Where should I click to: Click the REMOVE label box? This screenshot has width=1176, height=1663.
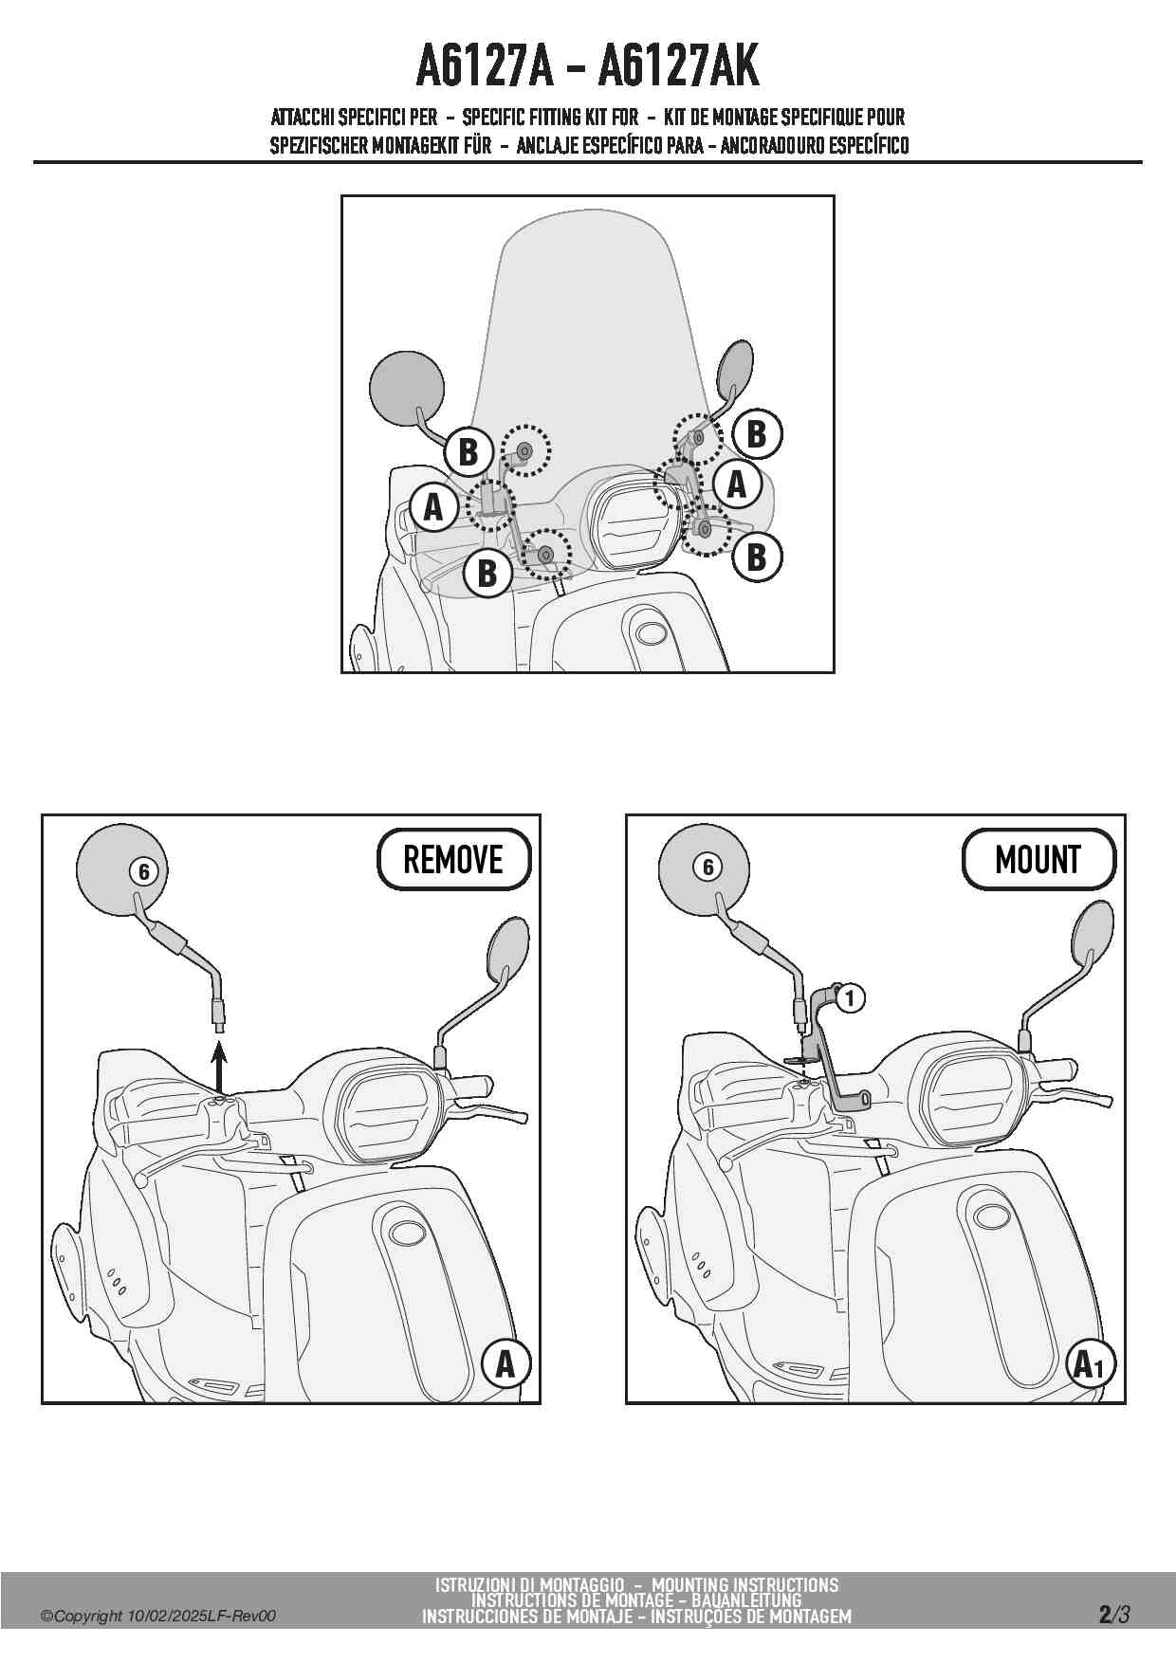(x=453, y=859)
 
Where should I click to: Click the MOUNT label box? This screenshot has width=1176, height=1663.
(x=1038, y=859)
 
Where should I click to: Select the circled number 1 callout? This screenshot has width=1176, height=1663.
(x=850, y=997)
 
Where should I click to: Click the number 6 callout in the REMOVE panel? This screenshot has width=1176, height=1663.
(x=143, y=870)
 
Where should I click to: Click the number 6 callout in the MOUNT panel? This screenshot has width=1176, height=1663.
(x=707, y=867)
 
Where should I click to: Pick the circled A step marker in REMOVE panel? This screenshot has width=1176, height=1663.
(x=505, y=1363)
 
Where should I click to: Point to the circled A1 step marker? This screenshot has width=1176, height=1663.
(x=1090, y=1364)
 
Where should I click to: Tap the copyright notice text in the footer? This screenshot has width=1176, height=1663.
(x=158, y=1616)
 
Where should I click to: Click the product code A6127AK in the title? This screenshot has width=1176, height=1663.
(x=679, y=65)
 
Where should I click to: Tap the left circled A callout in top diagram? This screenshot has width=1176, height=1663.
(x=433, y=507)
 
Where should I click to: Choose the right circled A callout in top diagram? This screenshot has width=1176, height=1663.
(x=737, y=484)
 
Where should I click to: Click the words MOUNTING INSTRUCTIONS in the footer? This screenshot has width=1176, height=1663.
(x=744, y=1584)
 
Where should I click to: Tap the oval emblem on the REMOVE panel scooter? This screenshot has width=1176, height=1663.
(x=408, y=1234)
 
